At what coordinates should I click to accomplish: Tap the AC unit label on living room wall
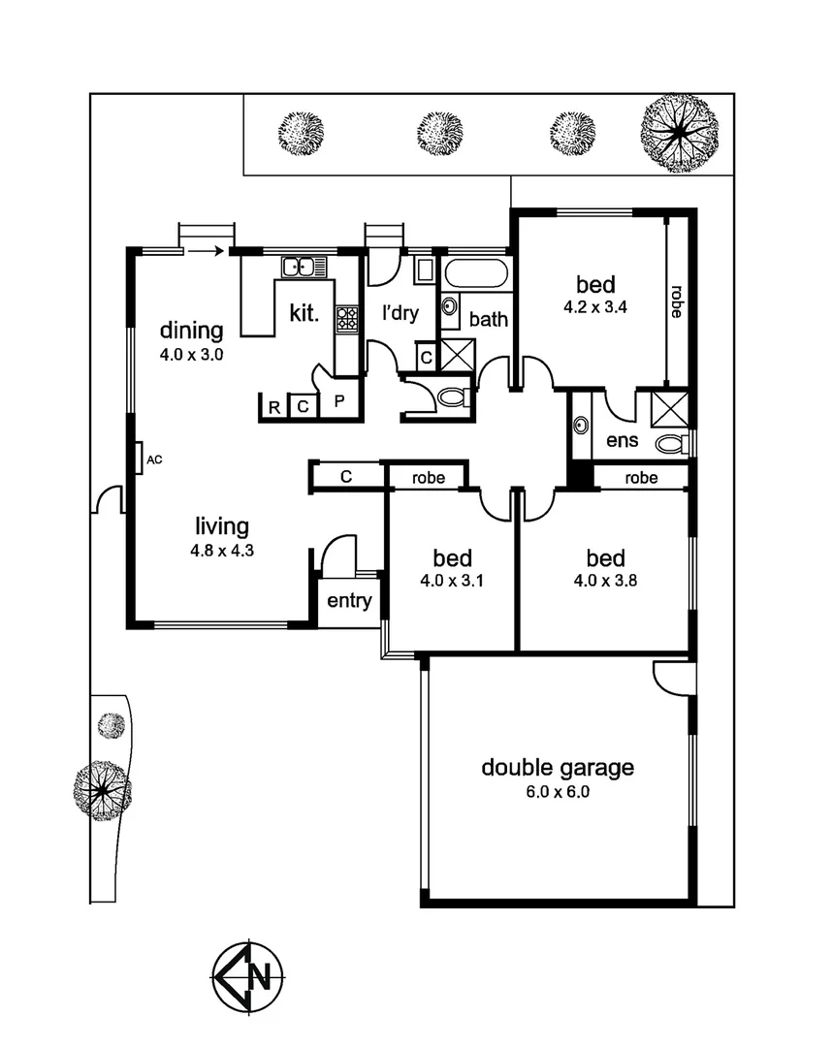pos(153,459)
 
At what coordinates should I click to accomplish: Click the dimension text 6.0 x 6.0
pos(558,792)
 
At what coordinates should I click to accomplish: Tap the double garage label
pos(558,768)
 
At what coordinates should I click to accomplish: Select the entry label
pos(349,601)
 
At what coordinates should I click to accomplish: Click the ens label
pos(622,441)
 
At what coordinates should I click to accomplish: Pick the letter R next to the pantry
pos(274,407)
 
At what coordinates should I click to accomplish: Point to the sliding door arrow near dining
pos(204,252)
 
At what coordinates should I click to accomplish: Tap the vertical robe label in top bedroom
pos(676,301)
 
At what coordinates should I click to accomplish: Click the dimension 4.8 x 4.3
pos(222,550)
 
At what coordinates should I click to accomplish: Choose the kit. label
pos(304,313)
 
